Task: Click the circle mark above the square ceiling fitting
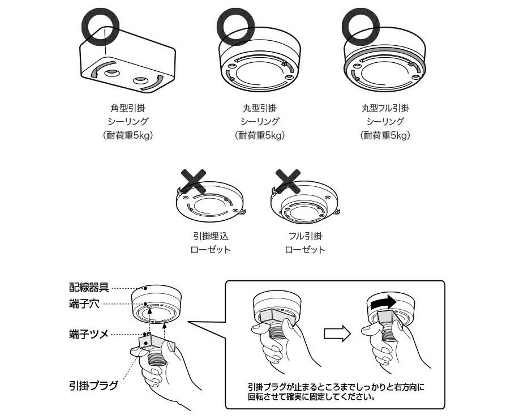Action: pos(101,25)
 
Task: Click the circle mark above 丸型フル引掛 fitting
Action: pos(361,25)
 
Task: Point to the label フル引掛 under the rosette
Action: pos(304,236)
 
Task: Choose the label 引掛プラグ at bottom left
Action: pos(93,386)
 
